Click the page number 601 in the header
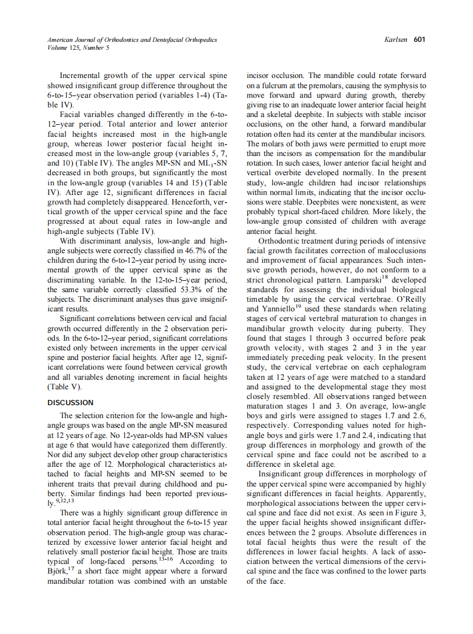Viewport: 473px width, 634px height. (x=419, y=40)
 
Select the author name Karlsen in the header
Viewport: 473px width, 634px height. (x=397, y=40)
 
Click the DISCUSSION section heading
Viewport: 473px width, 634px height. (x=71, y=403)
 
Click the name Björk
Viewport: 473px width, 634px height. (x=58, y=572)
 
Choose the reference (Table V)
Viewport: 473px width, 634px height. (x=65, y=387)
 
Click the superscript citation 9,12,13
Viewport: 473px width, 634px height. (x=64, y=500)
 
